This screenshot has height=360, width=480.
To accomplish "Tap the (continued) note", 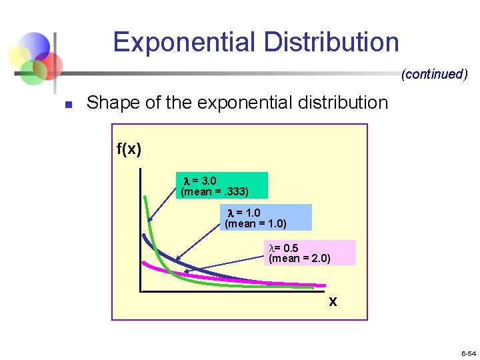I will (x=434, y=74).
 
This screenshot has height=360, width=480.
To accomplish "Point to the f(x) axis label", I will (x=129, y=149).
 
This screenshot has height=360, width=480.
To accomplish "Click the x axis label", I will (x=333, y=302).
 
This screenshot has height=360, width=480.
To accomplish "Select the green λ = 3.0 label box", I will (x=223, y=185).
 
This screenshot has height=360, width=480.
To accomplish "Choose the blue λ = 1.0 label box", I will (x=265, y=218).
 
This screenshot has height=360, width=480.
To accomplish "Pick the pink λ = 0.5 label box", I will (x=310, y=253).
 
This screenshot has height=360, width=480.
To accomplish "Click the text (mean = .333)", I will (x=215, y=192).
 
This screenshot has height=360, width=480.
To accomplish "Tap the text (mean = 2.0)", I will (x=299, y=259).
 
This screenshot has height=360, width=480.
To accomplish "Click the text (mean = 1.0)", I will (x=256, y=224).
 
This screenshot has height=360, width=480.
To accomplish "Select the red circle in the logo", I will (x=49, y=65).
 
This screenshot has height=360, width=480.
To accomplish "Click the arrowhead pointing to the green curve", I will (x=150, y=219).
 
